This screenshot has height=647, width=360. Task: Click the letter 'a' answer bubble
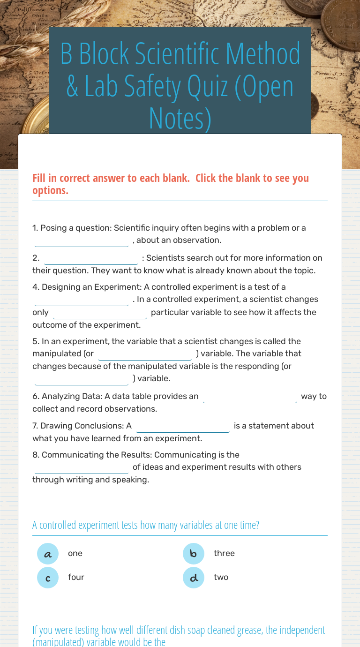[x=48, y=554]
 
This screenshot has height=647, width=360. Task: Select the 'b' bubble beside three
[x=194, y=554]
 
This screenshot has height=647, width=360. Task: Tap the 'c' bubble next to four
[x=48, y=578]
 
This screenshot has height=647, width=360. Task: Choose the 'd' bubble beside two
[x=194, y=578]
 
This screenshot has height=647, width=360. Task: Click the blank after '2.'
[x=91, y=259]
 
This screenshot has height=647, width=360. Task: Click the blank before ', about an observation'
[x=82, y=241]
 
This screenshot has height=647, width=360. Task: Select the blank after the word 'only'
[x=100, y=313]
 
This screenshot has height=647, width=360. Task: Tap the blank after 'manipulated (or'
[x=145, y=354]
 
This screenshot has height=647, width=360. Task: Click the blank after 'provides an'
[x=250, y=397]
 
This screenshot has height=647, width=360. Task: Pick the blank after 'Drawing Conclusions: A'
[x=183, y=427]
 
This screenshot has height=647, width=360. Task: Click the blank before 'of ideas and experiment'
[x=82, y=468]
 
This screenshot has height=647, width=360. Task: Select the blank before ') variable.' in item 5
[x=82, y=379]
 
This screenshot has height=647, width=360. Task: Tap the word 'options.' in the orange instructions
[x=50, y=190]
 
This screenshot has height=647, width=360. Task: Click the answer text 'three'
[x=224, y=554]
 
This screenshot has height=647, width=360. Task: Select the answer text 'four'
[x=76, y=578]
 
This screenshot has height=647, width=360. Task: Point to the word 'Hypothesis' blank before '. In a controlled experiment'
[x=82, y=300]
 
